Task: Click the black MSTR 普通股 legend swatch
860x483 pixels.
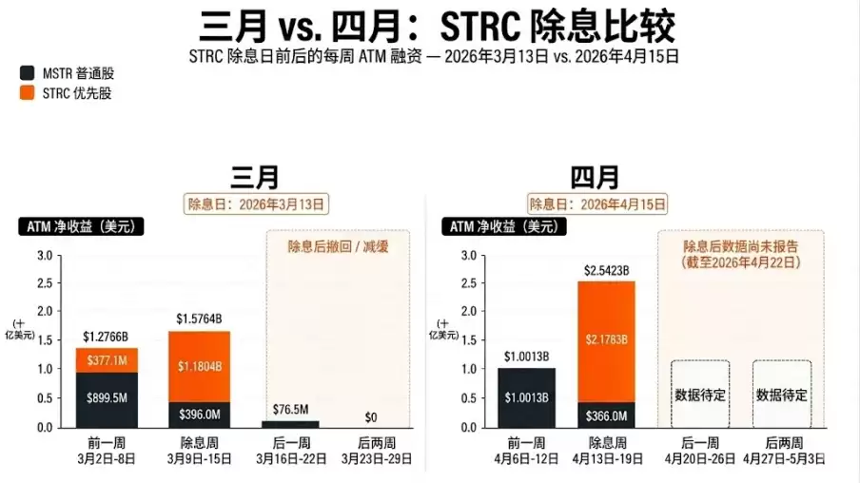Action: point(26,73)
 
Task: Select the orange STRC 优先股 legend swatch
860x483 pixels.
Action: point(26,93)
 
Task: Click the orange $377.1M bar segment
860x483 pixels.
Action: point(106,360)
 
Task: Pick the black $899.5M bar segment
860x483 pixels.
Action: point(106,399)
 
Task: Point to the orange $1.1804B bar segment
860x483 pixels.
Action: point(199,366)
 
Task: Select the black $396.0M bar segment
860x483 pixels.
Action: point(199,415)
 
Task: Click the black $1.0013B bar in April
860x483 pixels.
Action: point(526,397)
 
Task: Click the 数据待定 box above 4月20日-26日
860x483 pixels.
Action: point(700,394)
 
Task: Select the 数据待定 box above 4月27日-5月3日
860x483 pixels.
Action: point(782,394)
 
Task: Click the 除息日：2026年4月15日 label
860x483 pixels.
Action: point(597,203)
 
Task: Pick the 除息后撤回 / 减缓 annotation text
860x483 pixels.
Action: point(339,246)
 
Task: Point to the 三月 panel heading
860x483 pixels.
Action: point(254,178)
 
